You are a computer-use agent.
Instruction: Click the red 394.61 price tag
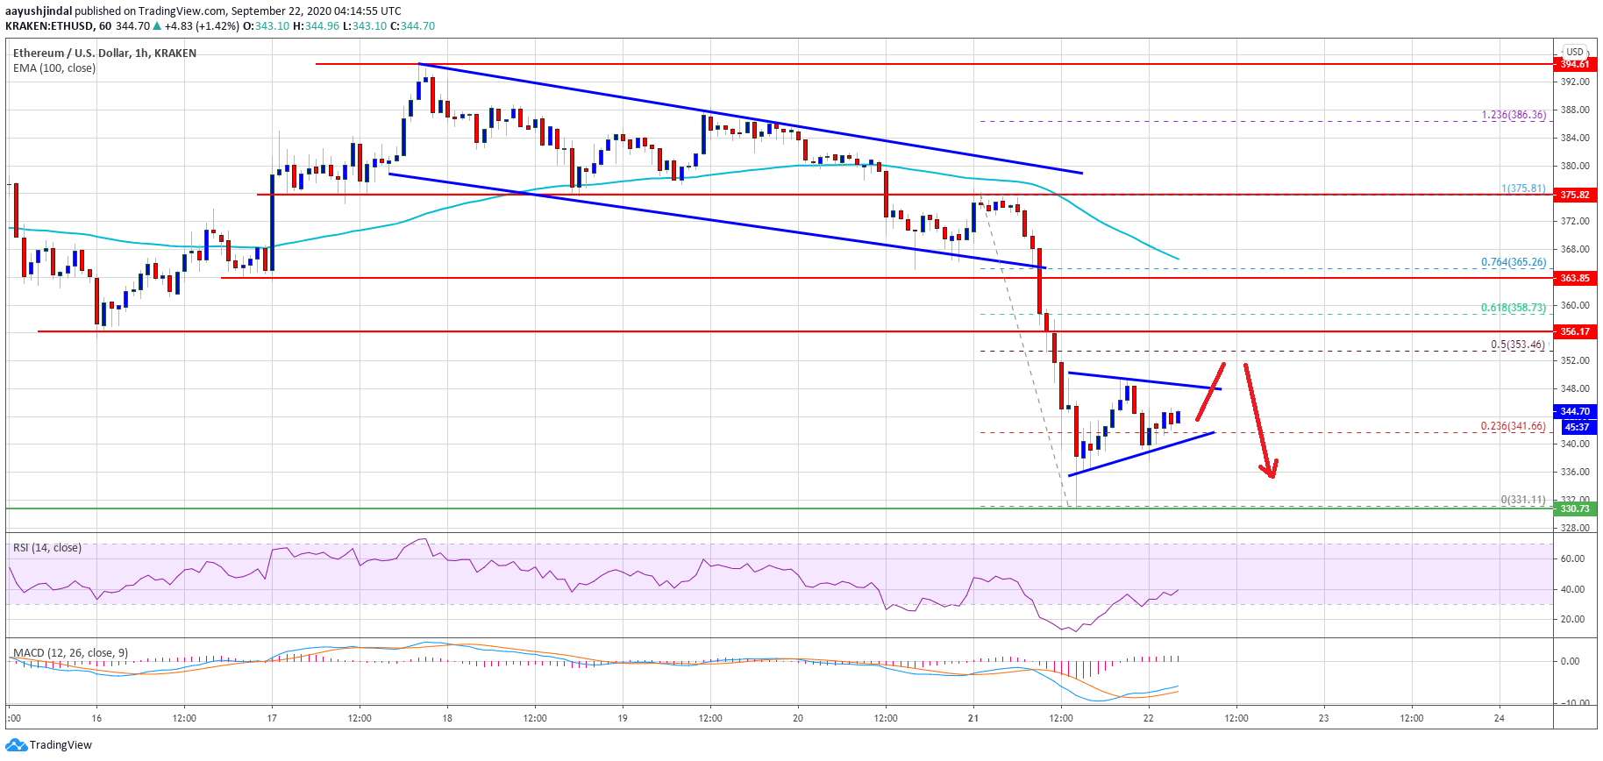click(1574, 64)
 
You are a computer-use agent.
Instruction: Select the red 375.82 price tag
click(1574, 195)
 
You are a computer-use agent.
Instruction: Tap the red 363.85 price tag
click(1574, 278)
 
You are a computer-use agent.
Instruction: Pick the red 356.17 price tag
click(1574, 331)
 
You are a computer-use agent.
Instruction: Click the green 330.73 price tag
click(1574, 509)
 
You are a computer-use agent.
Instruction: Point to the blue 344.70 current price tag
click(1574, 411)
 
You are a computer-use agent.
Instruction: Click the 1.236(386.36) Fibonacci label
click(1514, 115)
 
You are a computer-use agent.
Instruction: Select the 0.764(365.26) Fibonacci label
click(1514, 262)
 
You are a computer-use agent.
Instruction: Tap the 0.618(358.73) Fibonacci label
click(1514, 308)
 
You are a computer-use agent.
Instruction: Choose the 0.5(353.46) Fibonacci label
click(1518, 345)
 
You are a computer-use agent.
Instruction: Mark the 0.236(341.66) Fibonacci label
click(1514, 426)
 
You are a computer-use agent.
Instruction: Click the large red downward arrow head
click(1270, 471)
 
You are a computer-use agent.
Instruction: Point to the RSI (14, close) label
click(47, 548)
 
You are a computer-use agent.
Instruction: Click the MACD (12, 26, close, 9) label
click(70, 653)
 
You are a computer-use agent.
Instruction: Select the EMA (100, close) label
click(54, 68)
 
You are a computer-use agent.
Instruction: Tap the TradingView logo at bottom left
click(49, 745)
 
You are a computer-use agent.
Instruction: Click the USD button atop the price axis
click(1575, 52)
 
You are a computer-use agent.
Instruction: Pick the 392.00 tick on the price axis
click(1575, 82)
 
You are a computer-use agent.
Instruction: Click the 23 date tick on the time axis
click(1324, 718)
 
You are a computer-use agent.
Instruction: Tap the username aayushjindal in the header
click(39, 11)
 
